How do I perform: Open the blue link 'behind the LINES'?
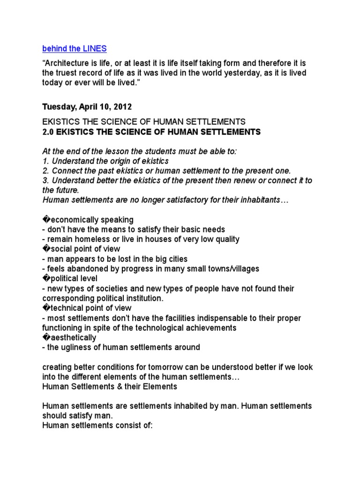(x=74, y=48)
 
